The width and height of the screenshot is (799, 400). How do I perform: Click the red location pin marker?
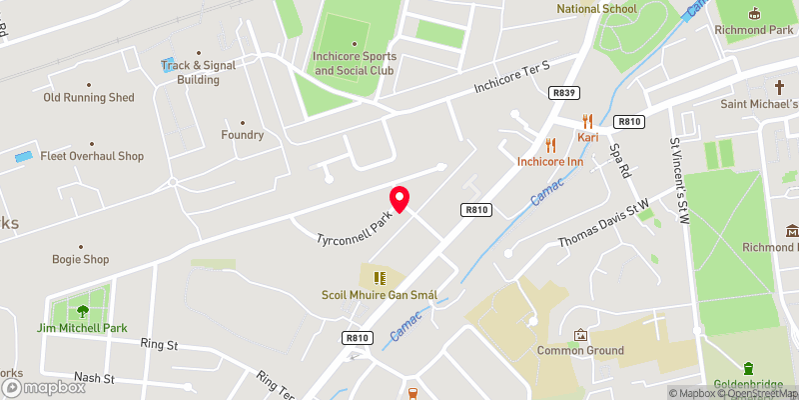point(399,199)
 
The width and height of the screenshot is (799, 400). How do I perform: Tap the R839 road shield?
point(565,93)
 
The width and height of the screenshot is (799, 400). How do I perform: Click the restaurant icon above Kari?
point(588,117)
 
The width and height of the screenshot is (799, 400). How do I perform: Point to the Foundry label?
point(243,136)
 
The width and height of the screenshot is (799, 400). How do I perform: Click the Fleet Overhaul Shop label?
point(92,156)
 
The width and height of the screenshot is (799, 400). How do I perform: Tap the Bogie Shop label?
point(80,259)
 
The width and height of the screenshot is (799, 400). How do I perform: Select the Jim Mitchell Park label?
point(83,328)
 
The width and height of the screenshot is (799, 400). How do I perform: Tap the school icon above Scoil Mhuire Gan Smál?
point(380,277)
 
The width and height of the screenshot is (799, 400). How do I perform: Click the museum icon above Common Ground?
point(580,334)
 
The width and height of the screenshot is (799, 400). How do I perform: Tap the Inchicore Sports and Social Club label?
point(354,63)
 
